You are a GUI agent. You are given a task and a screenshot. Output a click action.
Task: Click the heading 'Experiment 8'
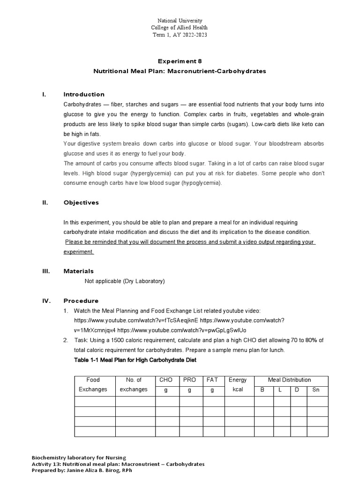coord(180,61)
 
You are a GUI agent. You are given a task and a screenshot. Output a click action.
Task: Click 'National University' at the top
coord(180,21)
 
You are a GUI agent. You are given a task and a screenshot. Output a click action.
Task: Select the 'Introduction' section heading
coord(84,94)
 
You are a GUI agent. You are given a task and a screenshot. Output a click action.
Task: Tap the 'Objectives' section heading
coord(81,202)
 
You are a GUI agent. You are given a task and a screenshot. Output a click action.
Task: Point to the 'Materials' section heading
coord(78,271)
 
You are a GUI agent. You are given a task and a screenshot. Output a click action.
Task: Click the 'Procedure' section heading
coord(81,301)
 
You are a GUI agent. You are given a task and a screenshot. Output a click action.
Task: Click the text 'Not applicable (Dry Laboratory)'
coord(124,281)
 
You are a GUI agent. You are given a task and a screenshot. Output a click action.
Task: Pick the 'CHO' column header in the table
coord(166,380)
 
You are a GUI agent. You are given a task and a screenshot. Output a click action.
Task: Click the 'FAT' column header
coord(212,380)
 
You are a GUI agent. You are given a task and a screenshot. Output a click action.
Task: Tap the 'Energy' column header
coord(238,380)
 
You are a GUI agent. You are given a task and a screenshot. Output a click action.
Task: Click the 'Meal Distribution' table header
coord(289,380)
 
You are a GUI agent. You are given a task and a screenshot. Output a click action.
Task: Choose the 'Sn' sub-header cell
coord(316,390)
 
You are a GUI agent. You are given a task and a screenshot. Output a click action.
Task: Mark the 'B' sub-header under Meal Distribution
coord(262,390)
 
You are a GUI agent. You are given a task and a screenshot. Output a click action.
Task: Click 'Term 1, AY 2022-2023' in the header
coord(180,35)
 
